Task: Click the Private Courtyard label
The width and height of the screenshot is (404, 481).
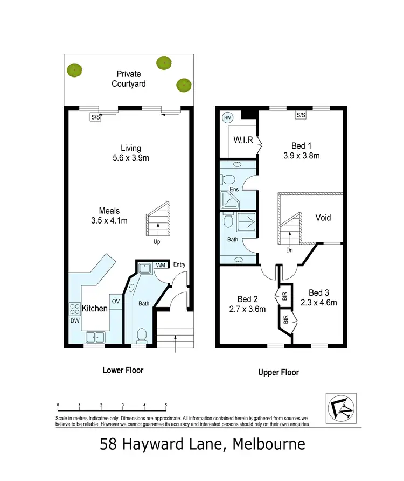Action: click(129, 79)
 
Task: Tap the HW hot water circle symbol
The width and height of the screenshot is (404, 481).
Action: click(227, 117)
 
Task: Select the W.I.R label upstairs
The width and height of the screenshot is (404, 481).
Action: click(243, 141)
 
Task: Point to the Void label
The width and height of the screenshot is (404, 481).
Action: click(323, 218)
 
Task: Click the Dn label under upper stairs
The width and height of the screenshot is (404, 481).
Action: click(289, 250)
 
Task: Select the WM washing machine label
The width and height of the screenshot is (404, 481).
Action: click(161, 265)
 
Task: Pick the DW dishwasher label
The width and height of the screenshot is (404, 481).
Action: click(74, 321)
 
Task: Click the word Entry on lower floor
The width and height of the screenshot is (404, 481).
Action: click(179, 264)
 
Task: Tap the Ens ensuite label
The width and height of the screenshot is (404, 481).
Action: click(234, 189)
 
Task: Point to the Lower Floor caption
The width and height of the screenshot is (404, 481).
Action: click(123, 371)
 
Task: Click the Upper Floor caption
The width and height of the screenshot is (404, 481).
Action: click(278, 372)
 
